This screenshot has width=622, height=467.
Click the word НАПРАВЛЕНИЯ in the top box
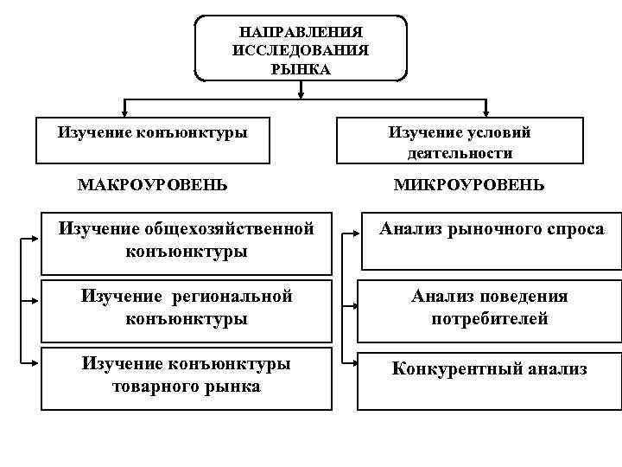pyautogui.click(x=301, y=32)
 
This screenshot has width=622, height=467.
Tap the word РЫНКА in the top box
pyautogui.click(x=301, y=69)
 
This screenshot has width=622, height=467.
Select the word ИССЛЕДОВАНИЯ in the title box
pyautogui.click(x=301, y=50)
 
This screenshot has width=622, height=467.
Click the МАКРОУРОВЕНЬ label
pyautogui.click(x=153, y=185)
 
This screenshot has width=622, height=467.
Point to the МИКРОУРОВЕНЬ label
pyautogui.click(x=469, y=185)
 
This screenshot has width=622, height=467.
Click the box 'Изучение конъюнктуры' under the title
pyautogui.click(x=152, y=139)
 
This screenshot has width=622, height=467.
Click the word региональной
pyautogui.click(x=234, y=297)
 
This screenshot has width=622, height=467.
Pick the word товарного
pyautogui.click(x=149, y=387)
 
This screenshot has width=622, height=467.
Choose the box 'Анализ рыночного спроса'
pyautogui.click(x=489, y=240)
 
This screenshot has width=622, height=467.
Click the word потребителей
pyautogui.click(x=489, y=319)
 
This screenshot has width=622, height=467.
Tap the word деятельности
pyautogui.click(x=460, y=154)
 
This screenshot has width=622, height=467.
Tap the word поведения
pyautogui.click(x=525, y=297)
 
